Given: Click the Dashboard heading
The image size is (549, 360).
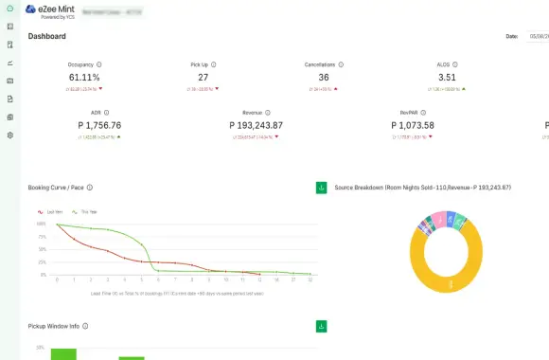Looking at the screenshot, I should [47, 37].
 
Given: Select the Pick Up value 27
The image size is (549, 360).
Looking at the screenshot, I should [204, 78].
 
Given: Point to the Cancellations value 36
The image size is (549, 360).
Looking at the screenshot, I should [324, 78].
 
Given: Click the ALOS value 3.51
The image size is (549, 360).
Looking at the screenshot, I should [448, 78].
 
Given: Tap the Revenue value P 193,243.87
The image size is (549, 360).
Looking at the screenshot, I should [256, 125].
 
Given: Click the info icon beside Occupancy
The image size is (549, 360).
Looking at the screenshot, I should [99, 64].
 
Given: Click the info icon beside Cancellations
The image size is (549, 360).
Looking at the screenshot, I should [340, 64].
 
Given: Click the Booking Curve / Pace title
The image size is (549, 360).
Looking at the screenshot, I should [56, 188].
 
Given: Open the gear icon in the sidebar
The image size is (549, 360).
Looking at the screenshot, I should [9, 135].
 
